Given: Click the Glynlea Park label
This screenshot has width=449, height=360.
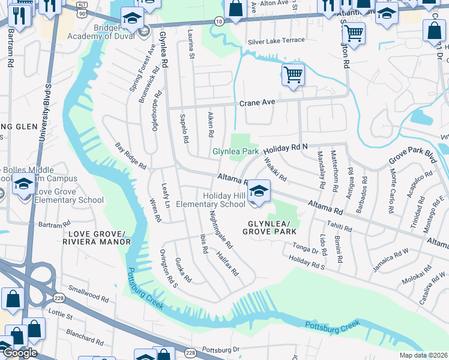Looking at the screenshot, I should pos(236,152).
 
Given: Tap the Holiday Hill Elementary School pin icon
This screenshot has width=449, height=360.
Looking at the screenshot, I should pos(259,192).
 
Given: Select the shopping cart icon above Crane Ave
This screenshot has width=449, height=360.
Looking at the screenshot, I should pos(293,76).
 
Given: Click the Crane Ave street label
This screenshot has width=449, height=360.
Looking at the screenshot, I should pos(257,103).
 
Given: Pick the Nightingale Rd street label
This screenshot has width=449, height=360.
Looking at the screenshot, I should pos(220,230).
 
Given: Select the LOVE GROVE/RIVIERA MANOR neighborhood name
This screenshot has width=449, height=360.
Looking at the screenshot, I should pos(99,238).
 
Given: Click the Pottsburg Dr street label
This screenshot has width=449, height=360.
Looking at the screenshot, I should pos(220,349).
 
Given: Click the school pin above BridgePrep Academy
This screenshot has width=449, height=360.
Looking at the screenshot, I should pos(133,19).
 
